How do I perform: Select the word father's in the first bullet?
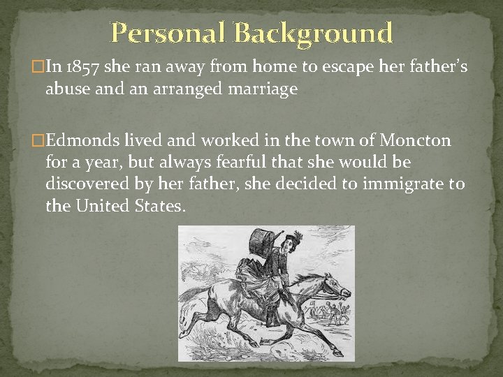point(430,67)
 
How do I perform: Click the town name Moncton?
point(415,141)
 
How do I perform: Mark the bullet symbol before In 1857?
point(38,68)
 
